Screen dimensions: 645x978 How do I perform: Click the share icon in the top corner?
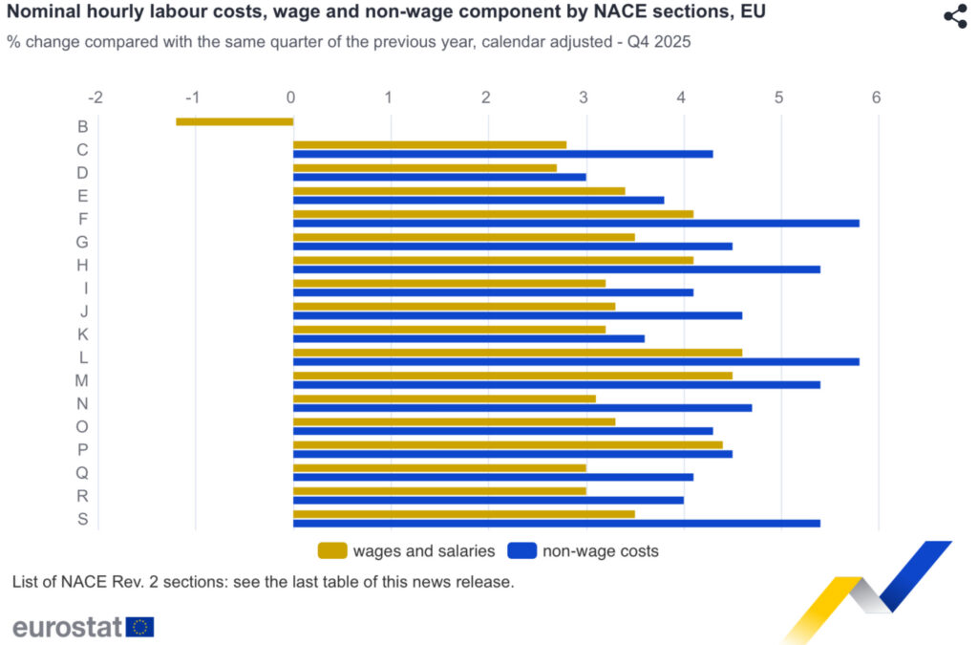coord(955,16)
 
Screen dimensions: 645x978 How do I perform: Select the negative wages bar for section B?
coord(234,121)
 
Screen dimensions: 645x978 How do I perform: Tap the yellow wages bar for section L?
coord(517,353)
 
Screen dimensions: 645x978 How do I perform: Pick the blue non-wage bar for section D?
coord(439,177)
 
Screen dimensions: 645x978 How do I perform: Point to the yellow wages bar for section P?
coord(507,444)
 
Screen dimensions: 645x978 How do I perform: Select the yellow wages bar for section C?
coord(429,145)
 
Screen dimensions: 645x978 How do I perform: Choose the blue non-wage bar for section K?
coord(468,338)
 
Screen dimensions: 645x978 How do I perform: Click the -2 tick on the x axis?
coord(95,97)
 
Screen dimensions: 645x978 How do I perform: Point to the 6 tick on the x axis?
coord(876,97)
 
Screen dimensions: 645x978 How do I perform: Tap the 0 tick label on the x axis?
coord(290,97)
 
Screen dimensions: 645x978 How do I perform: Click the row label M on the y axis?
coord(83,380)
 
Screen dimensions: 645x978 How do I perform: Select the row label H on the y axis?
coord(83,265)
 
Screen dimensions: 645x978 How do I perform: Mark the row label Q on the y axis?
coord(83,472)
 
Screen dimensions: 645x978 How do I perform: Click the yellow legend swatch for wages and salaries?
coord(331,550)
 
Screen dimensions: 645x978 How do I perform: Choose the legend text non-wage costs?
coord(600,550)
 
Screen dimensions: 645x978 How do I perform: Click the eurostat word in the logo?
coord(67,627)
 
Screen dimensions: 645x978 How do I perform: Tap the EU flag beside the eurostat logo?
coord(140,627)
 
